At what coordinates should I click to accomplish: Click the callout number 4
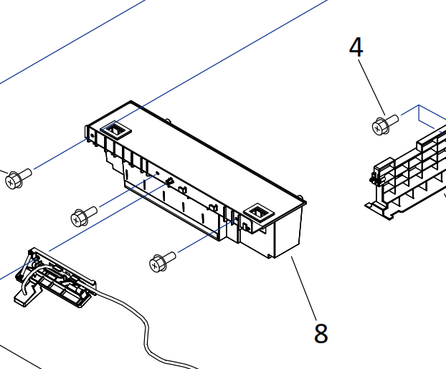coord(356,48)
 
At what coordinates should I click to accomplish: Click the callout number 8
coord(321,333)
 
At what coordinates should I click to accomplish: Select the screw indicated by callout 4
coord(384,125)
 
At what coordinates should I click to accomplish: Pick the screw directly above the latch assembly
coord(84,215)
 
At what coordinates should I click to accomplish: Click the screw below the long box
coord(162,262)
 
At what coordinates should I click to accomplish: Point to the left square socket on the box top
coord(115,130)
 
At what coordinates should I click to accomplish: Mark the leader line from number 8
coord(304,287)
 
